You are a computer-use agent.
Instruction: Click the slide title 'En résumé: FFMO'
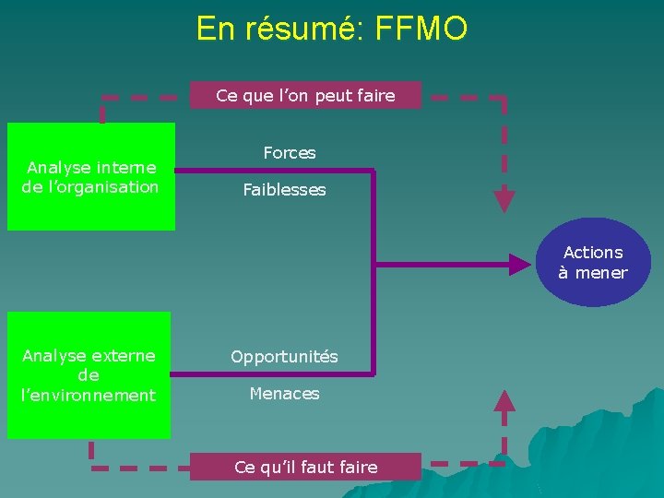tap(332, 29)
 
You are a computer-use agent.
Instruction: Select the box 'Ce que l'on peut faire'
tap(305, 95)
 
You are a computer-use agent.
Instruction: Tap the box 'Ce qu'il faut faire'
tap(305, 467)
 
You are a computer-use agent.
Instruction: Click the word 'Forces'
tap(290, 153)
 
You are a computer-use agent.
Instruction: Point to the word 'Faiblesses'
tap(284, 190)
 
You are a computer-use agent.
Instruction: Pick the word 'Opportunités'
tap(284, 356)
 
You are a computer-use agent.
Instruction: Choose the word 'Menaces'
tap(284, 394)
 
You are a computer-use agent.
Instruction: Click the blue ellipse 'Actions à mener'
tap(593, 262)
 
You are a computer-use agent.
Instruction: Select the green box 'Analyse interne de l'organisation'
tap(91, 176)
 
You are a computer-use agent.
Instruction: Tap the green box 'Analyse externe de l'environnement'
tap(89, 375)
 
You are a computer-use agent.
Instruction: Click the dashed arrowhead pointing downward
tap(503, 200)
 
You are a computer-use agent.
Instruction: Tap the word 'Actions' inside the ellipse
tap(593, 252)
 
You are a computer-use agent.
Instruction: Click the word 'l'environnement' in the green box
tap(89, 396)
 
